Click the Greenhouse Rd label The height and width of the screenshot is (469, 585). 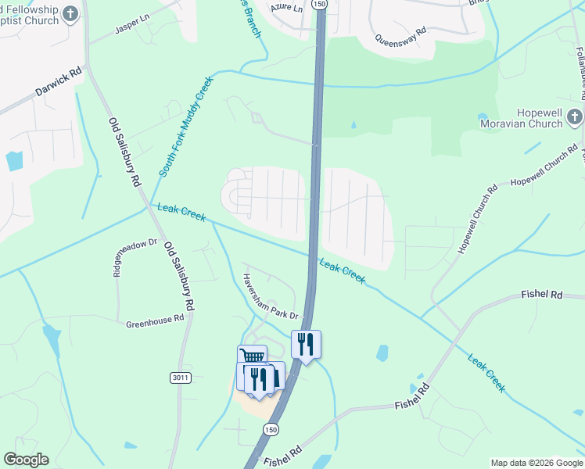pos(155,320)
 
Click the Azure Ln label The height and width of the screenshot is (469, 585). pos(285,7)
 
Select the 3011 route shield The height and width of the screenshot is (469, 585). pos(180,378)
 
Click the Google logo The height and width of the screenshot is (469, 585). pos(26,460)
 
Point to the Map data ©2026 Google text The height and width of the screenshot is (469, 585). pos(537,463)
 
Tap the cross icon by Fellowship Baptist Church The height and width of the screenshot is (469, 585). pos(71,14)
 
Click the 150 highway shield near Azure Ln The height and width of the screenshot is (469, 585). pos(318,4)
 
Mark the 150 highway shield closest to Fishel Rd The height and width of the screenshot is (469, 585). pos(271,430)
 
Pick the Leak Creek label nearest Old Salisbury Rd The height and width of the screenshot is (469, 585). pos(181,212)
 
